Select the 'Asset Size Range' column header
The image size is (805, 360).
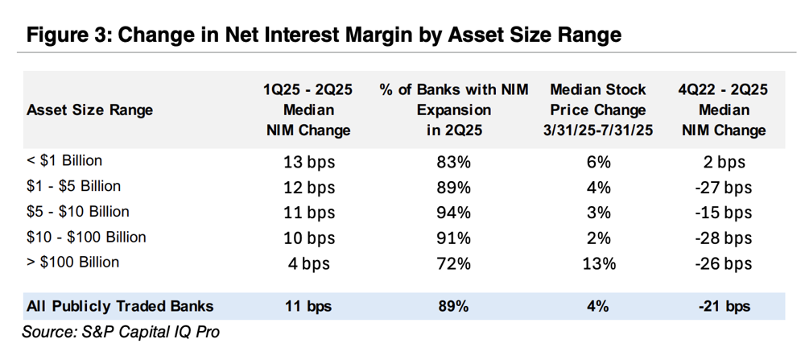90,110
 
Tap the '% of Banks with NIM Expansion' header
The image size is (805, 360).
454,110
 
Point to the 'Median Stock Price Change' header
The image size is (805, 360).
598,110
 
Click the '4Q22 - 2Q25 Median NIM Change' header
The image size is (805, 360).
724,110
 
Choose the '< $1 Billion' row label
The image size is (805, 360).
64,161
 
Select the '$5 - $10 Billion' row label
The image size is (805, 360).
77,212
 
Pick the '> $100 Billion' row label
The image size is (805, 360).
73,262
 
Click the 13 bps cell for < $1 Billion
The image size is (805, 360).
308,163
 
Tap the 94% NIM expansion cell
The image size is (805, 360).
454,213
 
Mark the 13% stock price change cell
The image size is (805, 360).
598,264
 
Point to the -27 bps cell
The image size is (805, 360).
724,188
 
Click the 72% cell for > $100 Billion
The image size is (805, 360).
454,264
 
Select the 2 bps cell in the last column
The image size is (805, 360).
724,163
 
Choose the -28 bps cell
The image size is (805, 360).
724,238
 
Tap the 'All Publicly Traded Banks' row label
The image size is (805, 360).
120,307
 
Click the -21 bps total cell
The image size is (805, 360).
724,307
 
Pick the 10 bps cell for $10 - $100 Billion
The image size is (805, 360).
308,238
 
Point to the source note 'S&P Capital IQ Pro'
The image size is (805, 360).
151,333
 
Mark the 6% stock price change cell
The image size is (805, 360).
598,163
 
